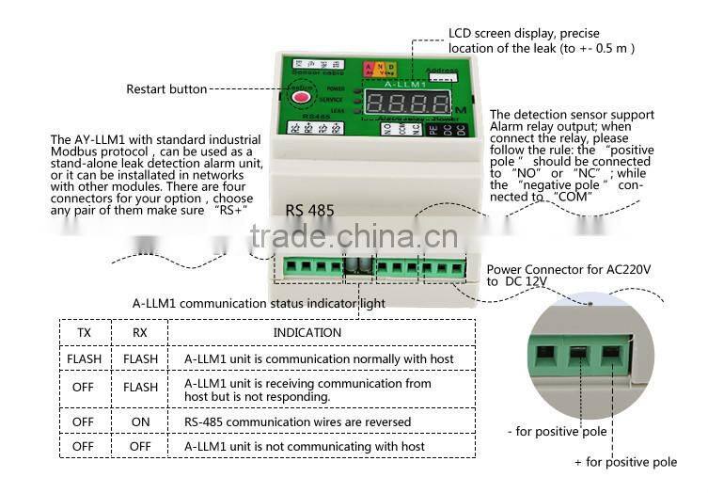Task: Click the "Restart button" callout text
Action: [x=166, y=89]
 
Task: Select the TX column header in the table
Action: [x=84, y=332]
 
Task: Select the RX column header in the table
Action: [x=140, y=332]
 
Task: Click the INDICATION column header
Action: [x=307, y=332]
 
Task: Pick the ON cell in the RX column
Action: [x=140, y=421]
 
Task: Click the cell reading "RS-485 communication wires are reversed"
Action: [x=297, y=421]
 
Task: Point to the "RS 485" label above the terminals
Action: [x=308, y=211]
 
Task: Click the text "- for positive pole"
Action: [x=557, y=432]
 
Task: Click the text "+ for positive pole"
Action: [x=625, y=462]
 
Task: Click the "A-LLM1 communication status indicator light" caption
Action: [x=259, y=303]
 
